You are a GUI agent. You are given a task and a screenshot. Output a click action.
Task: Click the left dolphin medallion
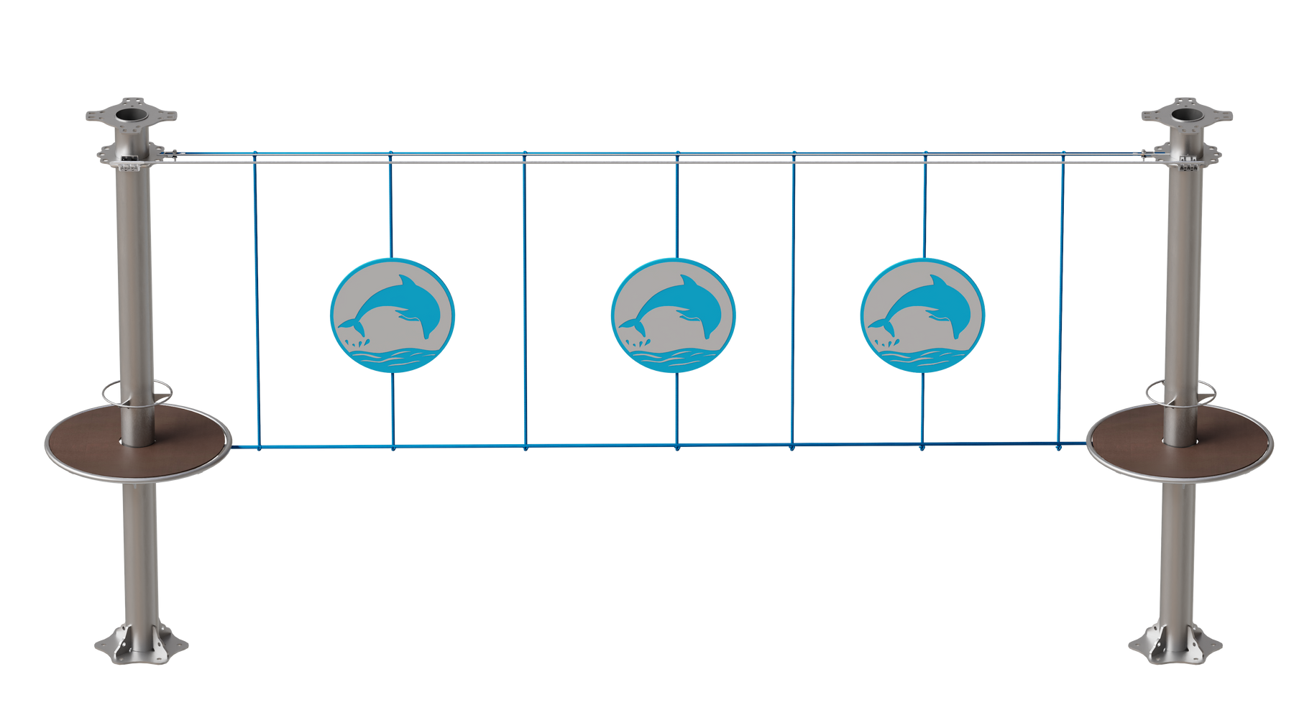[393, 315]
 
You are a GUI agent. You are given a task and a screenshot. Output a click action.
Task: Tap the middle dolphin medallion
[674, 315]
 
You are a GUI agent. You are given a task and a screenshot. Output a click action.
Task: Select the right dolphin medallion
[922, 315]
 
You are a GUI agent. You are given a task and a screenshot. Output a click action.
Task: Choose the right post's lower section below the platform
[1178, 553]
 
